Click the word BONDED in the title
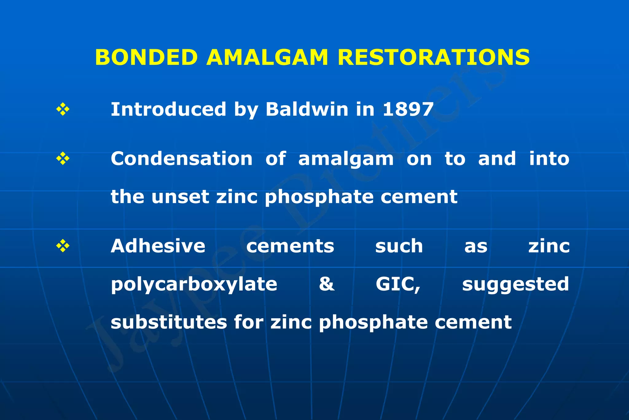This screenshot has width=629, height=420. click(x=146, y=57)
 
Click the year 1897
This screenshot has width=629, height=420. click(x=408, y=109)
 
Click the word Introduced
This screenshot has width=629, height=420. click(x=168, y=109)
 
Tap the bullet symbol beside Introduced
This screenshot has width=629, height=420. click(x=63, y=109)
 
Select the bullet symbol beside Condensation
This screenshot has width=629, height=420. click(x=63, y=159)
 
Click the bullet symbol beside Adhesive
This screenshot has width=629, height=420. click(x=63, y=246)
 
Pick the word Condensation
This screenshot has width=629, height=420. click(x=182, y=159)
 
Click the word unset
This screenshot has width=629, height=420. click(x=180, y=197)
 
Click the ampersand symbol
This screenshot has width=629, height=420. click(x=326, y=284)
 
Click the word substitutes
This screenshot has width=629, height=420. click(x=168, y=322)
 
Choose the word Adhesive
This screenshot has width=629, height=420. click(x=158, y=246)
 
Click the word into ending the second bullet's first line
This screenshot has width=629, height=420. click(x=549, y=159)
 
